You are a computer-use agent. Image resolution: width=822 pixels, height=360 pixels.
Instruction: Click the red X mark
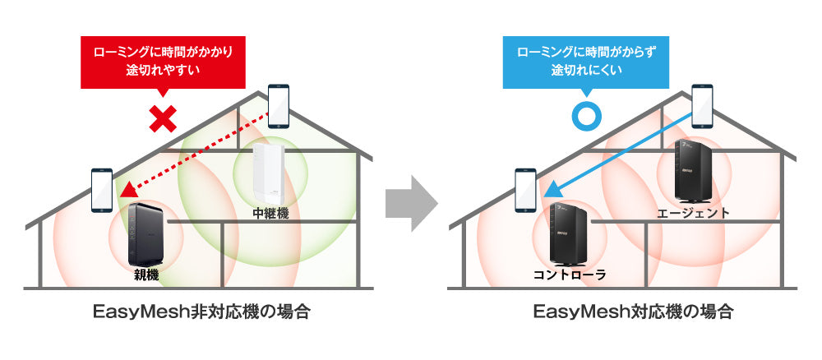pyautogui.click(x=164, y=119)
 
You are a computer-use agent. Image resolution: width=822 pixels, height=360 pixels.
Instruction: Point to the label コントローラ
pyautogui.click(x=569, y=275)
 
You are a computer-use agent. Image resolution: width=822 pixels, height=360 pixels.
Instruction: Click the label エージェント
pyautogui.click(x=693, y=214)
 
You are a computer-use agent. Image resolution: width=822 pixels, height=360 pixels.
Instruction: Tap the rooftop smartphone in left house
pyautogui.click(x=279, y=105)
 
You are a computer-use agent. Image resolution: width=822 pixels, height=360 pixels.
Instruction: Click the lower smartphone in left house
pyautogui.click(x=102, y=189)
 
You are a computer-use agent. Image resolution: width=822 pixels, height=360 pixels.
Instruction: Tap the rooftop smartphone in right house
pyautogui.click(x=703, y=106)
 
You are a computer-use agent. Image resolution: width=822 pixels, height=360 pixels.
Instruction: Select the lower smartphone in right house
pyautogui.click(x=525, y=189)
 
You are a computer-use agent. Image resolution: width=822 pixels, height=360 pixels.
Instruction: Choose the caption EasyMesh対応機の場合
pyautogui.click(x=633, y=312)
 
